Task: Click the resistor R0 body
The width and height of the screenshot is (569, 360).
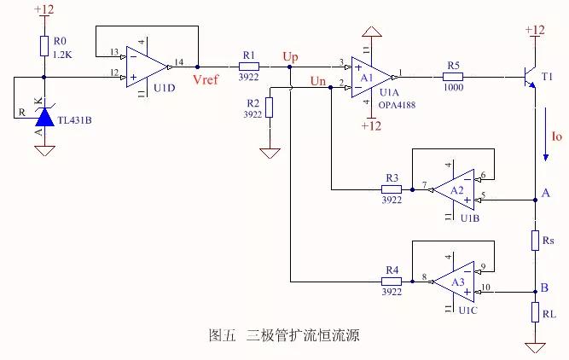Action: tap(43, 46)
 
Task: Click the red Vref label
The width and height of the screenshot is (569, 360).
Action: tap(207, 79)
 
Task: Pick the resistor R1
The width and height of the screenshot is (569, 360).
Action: tap(248, 66)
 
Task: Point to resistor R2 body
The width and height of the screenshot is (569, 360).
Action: tap(270, 107)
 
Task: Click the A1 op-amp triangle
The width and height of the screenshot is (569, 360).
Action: tap(372, 75)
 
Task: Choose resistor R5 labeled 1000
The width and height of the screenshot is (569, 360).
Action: tap(453, 75)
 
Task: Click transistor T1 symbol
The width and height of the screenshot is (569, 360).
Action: tap(530, 76)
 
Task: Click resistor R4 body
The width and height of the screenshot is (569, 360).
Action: tap(392, 280)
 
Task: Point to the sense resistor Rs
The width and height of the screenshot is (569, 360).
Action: tap(534, 241)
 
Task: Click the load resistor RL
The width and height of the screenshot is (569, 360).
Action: tap(534, 315)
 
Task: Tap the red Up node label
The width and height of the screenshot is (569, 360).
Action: tap(291, 56)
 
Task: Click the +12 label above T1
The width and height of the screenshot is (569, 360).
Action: tap(533, 30)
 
